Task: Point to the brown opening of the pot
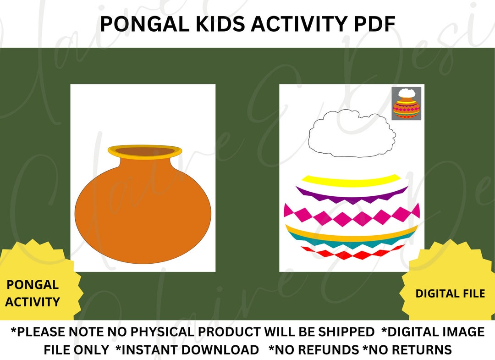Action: pos(144,153)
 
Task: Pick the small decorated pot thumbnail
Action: pos(406,104)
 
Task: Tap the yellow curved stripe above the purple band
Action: pos(351,180)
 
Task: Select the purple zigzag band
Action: pos(351,195)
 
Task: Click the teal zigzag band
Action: pos(351,242)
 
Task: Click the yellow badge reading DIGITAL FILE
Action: pos(450,294)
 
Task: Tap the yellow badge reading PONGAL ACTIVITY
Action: pos(33,293)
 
